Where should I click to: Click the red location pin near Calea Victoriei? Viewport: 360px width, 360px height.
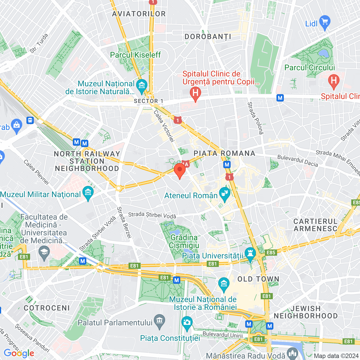tap(179, 170)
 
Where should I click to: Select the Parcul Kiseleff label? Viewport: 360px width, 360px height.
tap(135, 55)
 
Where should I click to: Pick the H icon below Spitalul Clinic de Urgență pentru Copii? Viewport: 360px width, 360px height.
tap(195, 93)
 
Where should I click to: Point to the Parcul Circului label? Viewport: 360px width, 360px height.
tap(309, 67)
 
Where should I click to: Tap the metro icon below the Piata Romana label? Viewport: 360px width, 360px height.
tap(227, 165)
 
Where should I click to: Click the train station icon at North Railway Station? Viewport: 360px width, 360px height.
tap(30, 120)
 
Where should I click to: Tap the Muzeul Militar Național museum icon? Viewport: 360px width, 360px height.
tap(88, 193)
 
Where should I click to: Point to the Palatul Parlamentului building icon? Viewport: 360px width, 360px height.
tap(159, 321)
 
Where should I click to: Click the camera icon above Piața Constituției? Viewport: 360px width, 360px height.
tap(187, 322)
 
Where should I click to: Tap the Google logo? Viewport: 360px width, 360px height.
tap(19, 353)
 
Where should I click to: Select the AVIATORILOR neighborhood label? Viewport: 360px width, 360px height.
tap(139, 14)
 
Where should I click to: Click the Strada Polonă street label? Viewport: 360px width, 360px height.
tap(255, 118)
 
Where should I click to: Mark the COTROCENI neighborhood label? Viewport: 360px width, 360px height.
tap(47, 308)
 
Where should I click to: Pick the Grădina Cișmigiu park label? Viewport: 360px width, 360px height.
tap(184, 241)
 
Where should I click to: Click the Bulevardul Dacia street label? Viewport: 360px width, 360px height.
tap(298, 161)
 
